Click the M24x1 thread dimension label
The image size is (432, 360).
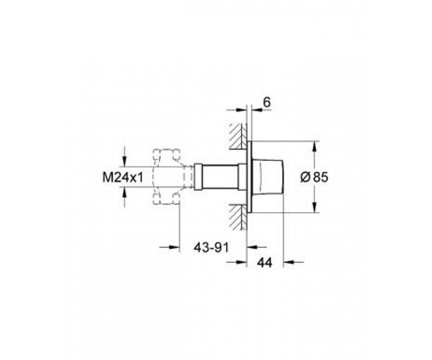(123, 177)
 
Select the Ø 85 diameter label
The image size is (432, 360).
(314, 177)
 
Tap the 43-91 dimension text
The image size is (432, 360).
(211, 248)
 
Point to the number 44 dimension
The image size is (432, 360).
(265, 263)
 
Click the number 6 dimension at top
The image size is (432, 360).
(267, 102)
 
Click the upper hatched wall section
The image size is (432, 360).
(238, 136)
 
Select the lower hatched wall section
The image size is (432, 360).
(238, 217)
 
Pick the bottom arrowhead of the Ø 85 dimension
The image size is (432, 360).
(314, 208)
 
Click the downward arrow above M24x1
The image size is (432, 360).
(124, 162)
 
